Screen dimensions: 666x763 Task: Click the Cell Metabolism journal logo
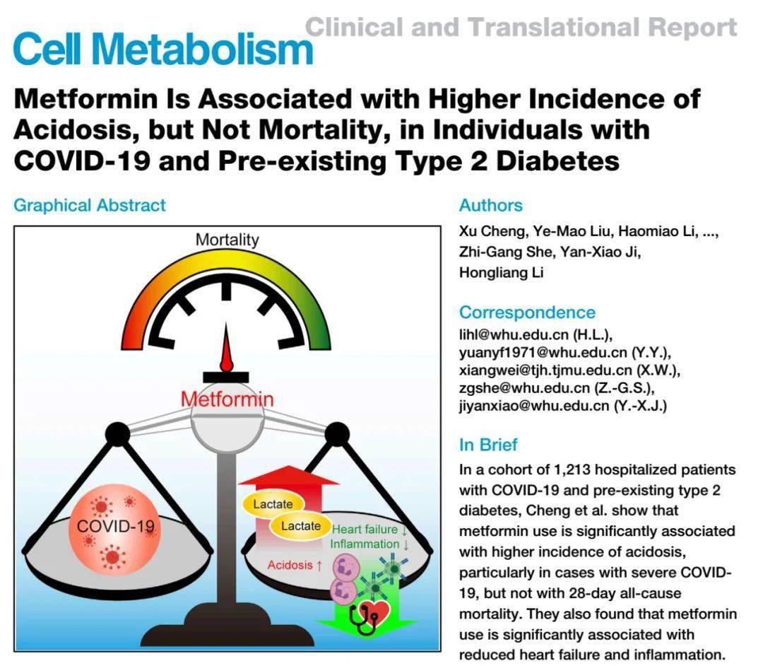[x=162, y=49]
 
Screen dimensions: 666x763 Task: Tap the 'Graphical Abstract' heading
[x=90, y=206]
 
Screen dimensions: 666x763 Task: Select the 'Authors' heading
[x=491, y=206]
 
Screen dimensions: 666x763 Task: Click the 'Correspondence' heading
[x=527, y=312]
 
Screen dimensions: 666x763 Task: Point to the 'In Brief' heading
[x=488, y=445]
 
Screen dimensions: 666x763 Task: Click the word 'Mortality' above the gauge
[x=227, y=240]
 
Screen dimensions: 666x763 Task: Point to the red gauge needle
[x=226, y=350]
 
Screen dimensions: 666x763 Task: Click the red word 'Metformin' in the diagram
[x=227, y=399]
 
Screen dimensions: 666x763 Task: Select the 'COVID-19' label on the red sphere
[x=114, y=526]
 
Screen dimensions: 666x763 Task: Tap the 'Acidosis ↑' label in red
[x=295, y=565]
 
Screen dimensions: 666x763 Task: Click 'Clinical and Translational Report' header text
[x=521, y=28]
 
